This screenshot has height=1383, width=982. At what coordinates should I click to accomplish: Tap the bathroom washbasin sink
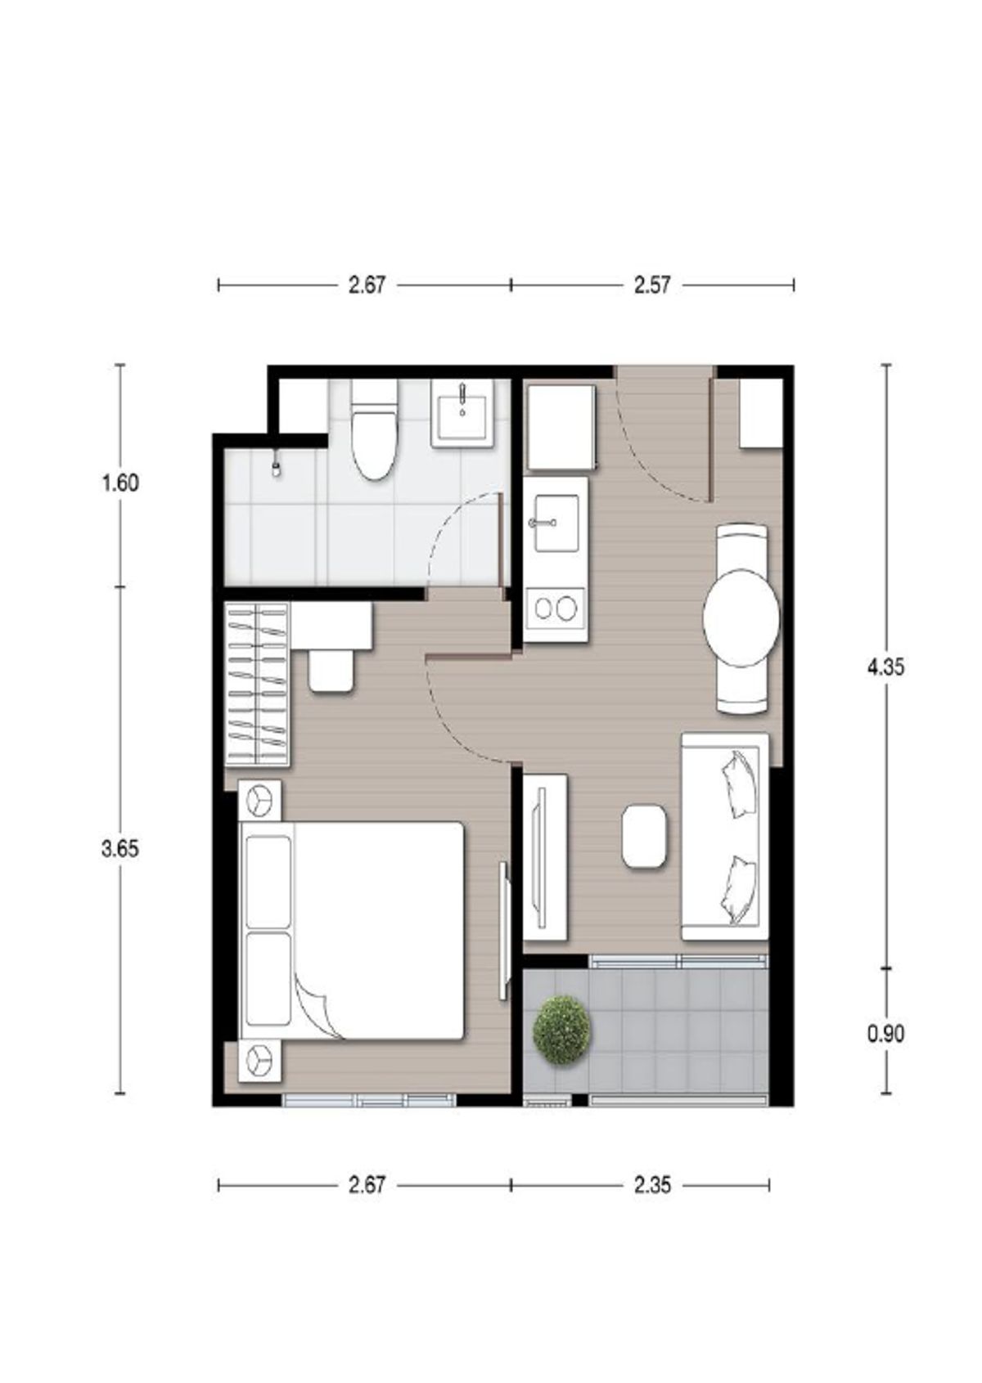[462, 412]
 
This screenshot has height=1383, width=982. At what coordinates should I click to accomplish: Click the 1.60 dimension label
[120, 483]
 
